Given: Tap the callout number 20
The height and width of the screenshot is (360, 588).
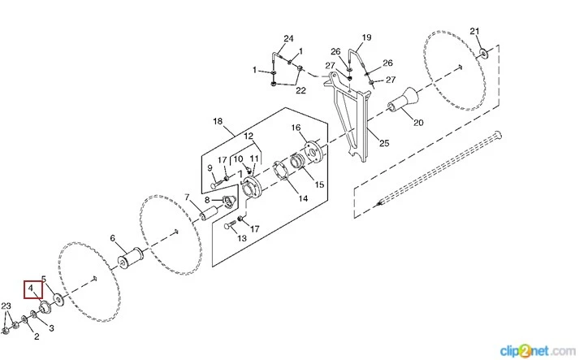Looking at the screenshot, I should (418, 123).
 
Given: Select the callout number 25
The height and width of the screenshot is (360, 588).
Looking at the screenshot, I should (384, 143).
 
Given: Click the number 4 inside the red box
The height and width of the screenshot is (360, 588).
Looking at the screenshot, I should (30, 288).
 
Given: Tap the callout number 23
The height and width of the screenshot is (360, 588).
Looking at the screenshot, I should (6, 306).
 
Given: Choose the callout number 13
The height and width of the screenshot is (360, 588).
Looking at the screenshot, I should (241, 238).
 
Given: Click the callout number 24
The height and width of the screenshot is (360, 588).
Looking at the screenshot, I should (288, 38).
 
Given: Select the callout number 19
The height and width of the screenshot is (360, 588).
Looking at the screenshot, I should (366, 37).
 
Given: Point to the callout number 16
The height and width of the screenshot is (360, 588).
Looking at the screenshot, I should (296, 128).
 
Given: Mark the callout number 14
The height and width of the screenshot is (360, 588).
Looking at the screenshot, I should (303, 197).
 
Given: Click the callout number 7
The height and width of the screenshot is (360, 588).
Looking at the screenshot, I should (187, 197).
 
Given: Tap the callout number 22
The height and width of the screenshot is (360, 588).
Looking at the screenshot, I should (300, 90).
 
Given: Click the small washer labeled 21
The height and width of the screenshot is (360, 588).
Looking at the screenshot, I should (485, 54).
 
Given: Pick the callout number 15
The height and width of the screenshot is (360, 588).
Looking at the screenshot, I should (319, 185).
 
